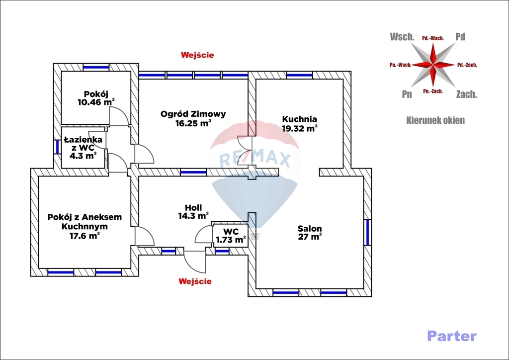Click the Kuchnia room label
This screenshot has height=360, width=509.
[x=300, y=123]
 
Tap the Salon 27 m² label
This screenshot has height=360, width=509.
[x=310, y=233]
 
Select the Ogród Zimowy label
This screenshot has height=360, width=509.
[x=193, y=118]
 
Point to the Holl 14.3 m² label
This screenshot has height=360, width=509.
[x=193, y=212]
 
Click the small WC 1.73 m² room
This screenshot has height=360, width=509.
[x=230, y=236]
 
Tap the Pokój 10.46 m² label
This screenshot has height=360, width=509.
[x=96, y=98]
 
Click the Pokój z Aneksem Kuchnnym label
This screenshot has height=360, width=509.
[x=85, y=226]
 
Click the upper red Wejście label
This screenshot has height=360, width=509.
[x=197, y=55]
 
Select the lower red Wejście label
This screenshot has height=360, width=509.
[x=195, y=281]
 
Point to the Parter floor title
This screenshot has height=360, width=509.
[x=451, y=336]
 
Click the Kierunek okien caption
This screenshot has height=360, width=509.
[x=435, y=120]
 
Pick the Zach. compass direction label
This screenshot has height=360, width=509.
[x=466, y=94]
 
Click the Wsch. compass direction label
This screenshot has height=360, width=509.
[x=402, y=37]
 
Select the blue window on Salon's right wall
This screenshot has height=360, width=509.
[x=368, y=232]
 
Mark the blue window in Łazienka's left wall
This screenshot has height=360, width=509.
[x=57, y=147]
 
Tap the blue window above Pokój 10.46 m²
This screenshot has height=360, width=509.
[x=96, y=67]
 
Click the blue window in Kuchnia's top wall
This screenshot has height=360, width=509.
[x=300, y=75]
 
